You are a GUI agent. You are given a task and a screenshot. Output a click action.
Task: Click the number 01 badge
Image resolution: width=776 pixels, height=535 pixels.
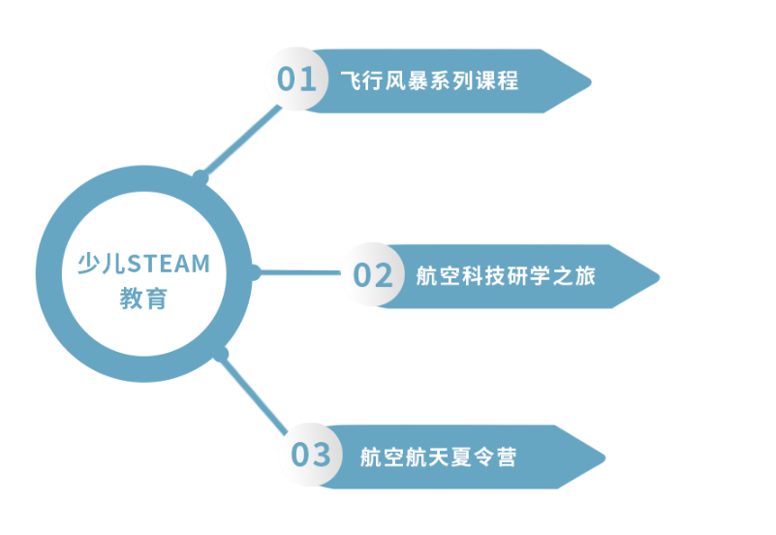coord(296,79)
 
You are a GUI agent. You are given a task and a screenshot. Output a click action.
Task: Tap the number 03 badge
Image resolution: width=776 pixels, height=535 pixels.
coord(311,455)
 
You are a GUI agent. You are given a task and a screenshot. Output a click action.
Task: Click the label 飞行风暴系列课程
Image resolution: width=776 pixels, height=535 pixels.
coord(429,80)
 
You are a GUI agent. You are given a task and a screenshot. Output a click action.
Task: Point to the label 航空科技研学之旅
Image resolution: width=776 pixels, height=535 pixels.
coord(505,276)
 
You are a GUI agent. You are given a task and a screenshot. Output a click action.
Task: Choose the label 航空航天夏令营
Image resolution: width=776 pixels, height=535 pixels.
coord(438,456)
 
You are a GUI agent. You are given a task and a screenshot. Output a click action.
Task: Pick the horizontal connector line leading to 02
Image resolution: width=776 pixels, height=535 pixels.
coord(300,273)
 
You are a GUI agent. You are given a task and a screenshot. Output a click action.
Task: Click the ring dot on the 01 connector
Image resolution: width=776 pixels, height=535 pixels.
coord(201,177)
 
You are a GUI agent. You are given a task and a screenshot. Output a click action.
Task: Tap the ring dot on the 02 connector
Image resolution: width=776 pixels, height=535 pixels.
coord(254,273)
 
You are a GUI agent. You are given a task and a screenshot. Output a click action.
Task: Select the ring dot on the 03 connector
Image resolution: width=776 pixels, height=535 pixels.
coord(221,354)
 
